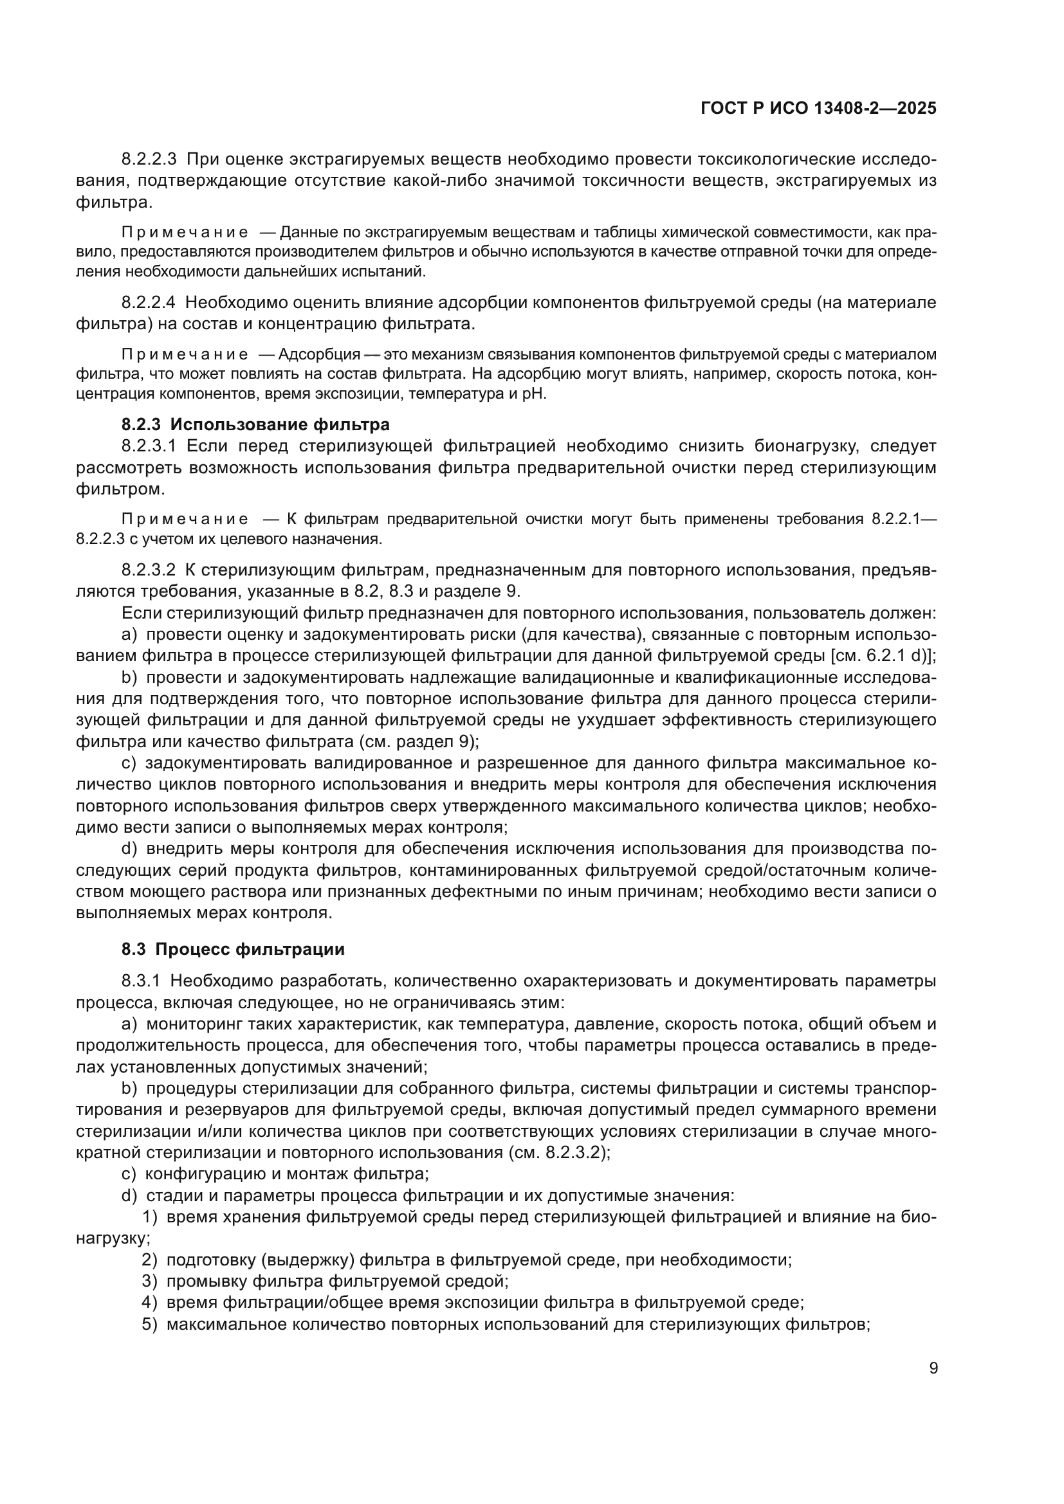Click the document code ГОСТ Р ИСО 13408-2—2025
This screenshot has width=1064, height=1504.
click(818, 109)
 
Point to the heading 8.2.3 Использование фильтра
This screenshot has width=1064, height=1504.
click(255, 424)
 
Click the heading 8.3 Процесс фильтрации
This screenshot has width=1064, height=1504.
click(233, 948)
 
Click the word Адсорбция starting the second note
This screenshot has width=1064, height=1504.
click(319, 354)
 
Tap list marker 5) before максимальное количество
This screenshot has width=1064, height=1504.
click(150, 1324)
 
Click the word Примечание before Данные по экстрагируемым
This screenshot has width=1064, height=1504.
click(185, 233)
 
